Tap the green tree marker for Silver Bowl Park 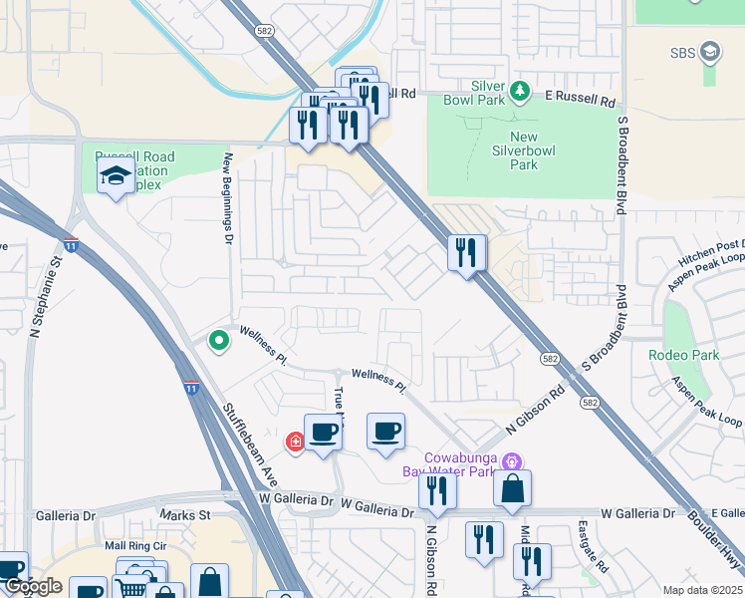tap(519, 93)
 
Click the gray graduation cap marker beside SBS tap(710, 51)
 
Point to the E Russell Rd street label tap(581, 100)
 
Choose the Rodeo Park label tap(683, 355)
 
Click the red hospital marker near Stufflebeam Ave tap(295, 442)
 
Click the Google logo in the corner tap(33, 587)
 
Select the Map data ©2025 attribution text tap(701, 590)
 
